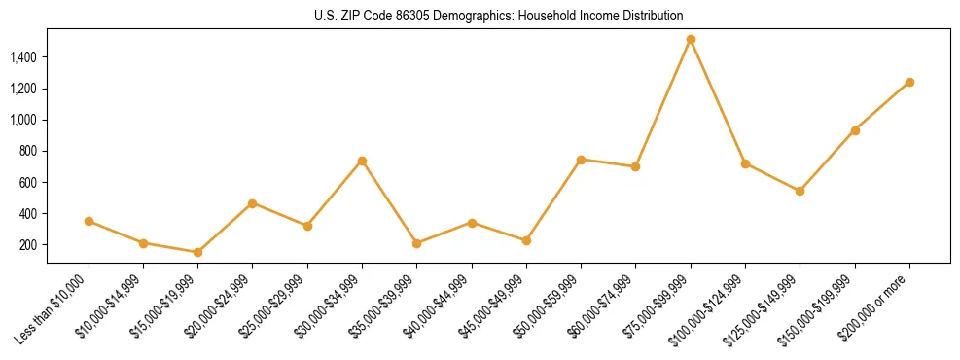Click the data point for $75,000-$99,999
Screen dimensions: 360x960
coord(691,40)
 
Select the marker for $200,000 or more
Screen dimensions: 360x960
coord(909,82)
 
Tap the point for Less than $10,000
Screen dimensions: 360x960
coord(89,221)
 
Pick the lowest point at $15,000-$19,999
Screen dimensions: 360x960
coord(197,252)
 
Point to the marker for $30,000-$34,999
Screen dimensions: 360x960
coord(362,161)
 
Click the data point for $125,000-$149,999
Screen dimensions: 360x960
coord(800,191)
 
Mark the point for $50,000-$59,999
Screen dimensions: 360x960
coord(581,160)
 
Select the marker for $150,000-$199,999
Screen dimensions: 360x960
coord(855,130)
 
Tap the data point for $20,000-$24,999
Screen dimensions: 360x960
coord(252,203)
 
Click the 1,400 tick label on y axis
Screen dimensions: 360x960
coord(23,57)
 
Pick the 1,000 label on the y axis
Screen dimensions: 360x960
coord(23,120)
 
